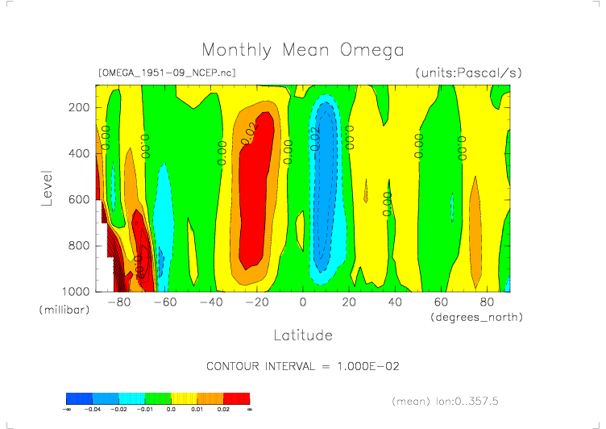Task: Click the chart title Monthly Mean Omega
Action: coord(302,51)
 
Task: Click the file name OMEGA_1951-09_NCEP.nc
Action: coord(166,73)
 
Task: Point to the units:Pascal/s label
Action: coord(469,73)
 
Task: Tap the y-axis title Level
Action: coord(46,186)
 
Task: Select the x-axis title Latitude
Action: coord(302,334)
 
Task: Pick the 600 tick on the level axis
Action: coord(77,199)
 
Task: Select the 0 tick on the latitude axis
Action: coord(303,302)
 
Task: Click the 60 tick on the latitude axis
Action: coord(441,302)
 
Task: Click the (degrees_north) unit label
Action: coord(477,317)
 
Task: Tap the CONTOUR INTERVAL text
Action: coord(303,366)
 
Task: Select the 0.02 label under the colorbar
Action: coord(223,410)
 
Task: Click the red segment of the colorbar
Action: coord(237,398)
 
